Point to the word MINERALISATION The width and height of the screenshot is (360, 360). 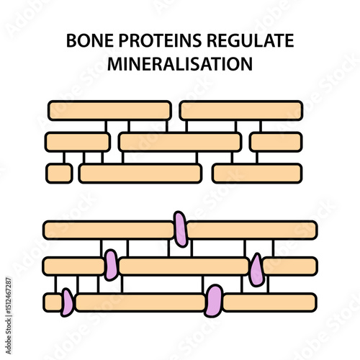180,64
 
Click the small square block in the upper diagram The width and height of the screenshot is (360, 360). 59,173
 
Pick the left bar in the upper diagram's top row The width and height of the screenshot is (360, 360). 109,110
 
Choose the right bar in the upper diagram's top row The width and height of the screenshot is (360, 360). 240,110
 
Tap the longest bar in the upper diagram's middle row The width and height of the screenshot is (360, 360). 180,142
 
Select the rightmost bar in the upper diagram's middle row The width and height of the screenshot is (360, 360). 276,142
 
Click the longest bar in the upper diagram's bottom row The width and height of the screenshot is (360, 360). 140,173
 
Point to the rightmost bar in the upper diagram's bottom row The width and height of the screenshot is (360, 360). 257,173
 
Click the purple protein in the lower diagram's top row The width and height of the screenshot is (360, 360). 180,228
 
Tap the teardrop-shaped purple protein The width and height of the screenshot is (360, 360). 256,270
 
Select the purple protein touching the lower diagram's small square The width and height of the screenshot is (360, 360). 67,302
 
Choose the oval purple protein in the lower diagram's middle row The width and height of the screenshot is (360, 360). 110,264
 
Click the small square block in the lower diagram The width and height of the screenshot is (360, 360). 53,302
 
